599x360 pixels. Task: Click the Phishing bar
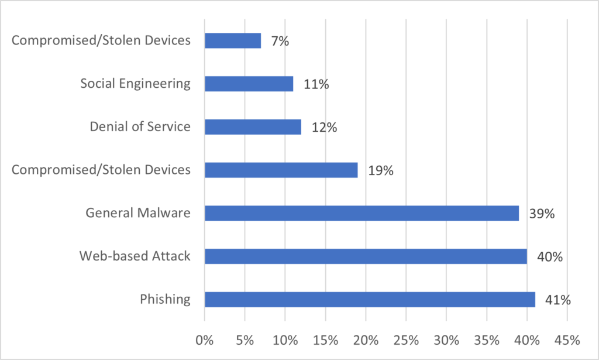click(x=370, y=299)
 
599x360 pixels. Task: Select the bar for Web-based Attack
click(x=366, y=256)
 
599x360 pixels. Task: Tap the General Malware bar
click(x=362, y=213)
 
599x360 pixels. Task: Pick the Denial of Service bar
click(x=253, y=126)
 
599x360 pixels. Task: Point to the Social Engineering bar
click(x=249, y=84)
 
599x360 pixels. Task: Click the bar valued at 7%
click(x=233, y=40)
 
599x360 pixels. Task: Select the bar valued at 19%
click(x=281, y=170)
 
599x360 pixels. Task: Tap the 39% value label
click(x=542, y=214)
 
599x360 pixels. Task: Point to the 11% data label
click(x=316, y=84)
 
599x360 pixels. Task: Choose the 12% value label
click(x=324, y=127)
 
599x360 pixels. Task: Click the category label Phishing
click(x=165, y=299)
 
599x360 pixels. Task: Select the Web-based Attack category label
click(x=135, y=256)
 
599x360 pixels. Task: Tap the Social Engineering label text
click(x=135, y=84)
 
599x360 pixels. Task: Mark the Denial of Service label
click(x=140, y=126)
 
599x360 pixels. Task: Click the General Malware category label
click(x=138, y=213)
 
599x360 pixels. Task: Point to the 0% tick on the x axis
click(x=204, y=340)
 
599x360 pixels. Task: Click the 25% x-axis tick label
click(x=406, y=340)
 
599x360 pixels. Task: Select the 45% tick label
click(x=567, y=340)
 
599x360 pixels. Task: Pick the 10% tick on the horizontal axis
click(x=285, y=340)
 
